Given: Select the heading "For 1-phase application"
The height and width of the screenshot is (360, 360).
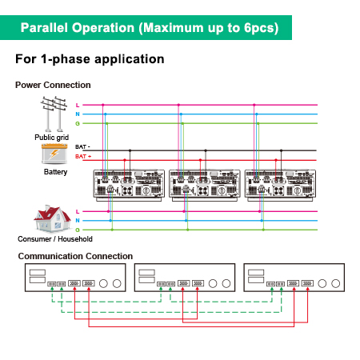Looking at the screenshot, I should pos(90,59).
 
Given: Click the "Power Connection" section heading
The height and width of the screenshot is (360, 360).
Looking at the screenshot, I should pos(53,85).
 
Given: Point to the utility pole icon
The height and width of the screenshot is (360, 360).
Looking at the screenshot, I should pos(52,114).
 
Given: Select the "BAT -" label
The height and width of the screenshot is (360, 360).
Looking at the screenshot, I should pos(82,147).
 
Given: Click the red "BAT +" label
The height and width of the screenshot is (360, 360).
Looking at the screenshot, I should pos(82,157).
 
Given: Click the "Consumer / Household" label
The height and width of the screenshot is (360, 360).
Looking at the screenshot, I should pos(54,238).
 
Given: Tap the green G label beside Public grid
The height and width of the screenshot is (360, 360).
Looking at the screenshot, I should pos(78,123).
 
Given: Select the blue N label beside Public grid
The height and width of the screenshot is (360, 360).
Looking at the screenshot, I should pos(78,114).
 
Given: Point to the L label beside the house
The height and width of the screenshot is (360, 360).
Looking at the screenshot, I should pos(78,211).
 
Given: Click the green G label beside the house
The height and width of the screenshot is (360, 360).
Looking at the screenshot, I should pos(78,229).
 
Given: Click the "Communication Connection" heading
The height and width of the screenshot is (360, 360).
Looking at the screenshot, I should pos(75,256).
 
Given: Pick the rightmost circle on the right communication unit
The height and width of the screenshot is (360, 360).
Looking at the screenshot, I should pos(334,283).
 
